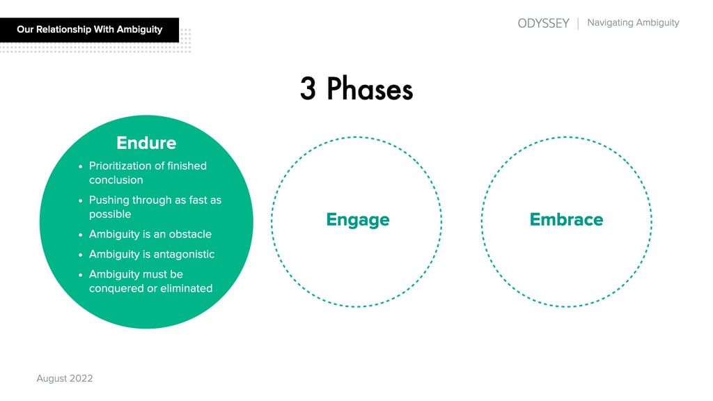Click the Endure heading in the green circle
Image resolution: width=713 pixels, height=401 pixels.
pos(146,143)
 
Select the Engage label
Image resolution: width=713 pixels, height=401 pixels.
pos(357,220)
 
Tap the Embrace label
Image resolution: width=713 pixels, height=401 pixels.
pos(566,220)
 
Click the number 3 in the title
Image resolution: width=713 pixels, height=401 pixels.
pos(308,90)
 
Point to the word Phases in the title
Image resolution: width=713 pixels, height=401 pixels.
pos(370,90)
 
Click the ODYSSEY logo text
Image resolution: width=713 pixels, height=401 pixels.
pos(543,23)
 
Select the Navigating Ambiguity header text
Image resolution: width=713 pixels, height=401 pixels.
pos(633,23)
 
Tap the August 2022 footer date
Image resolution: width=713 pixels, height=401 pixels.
pos(64,379)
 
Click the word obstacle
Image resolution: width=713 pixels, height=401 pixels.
pos(189,234)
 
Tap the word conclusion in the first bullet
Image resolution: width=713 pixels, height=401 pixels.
pos(116,180)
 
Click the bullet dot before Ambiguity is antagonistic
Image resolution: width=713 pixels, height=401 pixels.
pos(81,255)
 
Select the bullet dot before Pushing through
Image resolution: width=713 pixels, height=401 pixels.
pos(81,200)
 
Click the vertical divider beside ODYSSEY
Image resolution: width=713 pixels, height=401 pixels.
pos(578,23)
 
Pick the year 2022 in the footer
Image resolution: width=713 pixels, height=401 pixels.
pos(81,379)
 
